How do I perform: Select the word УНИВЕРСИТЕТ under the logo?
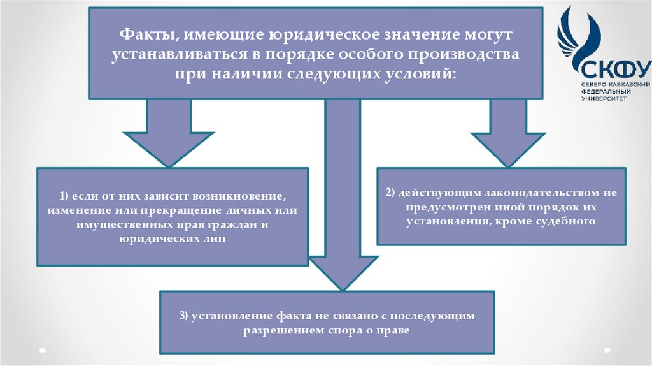pyautogui.click(x=604, y=98)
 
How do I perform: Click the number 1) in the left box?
pyautogui.click(x=64, y=194)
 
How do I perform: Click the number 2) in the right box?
pyautogui.click(x=392, y=192)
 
